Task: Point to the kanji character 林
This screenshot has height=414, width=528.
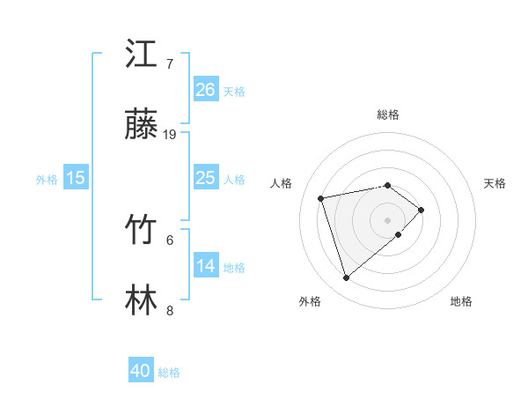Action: tap(141, 299)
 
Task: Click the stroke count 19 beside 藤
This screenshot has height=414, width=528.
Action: tap(170, 135)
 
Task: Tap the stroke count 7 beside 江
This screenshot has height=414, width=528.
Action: tap(170, 63)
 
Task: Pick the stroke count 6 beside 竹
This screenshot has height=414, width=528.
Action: tap(170, 239)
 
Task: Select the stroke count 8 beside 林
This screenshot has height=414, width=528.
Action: tap(170, 310)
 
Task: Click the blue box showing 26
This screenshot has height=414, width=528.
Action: tap(205, 89)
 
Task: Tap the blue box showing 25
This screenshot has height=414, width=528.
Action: tap(205, 178)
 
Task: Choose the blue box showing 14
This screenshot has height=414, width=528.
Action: tap(205, 266)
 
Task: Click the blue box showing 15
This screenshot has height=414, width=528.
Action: tap(76, 178)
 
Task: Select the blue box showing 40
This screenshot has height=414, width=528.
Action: tap(141, 371)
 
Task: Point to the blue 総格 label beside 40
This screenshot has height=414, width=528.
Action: tap(170, 373)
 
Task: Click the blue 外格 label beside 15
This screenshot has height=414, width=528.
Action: tap(47, 180)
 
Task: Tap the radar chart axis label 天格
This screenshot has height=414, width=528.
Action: tap(495, 183)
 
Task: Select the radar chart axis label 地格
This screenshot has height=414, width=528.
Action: tap(461, 301)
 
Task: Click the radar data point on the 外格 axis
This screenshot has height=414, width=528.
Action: tap(347, 278)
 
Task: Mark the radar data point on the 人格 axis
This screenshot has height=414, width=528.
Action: tap(321, 197)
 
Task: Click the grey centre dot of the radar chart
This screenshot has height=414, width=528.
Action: tap(387, 218)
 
